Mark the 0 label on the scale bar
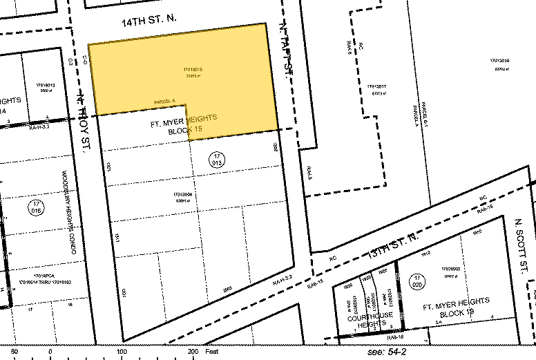pos(50,352)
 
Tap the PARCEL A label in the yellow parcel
pos(165,102)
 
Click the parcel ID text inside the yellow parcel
pos(192,71)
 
